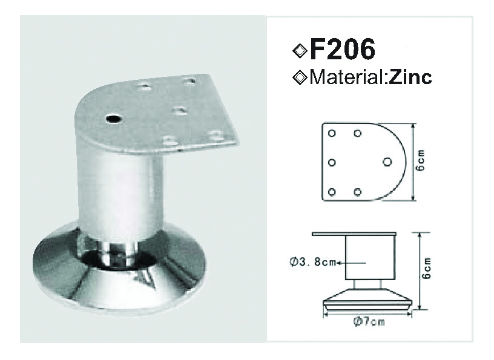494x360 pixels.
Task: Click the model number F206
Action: point(343,49)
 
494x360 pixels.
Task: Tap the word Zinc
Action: point(410,77)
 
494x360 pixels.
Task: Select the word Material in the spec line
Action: point(346,77)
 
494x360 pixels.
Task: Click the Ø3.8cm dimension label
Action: point(313,262)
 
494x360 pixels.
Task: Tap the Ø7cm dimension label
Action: point(369,321)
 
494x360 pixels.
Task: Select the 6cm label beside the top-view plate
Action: point(420,160)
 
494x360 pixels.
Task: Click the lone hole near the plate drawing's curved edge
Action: point(387,162)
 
